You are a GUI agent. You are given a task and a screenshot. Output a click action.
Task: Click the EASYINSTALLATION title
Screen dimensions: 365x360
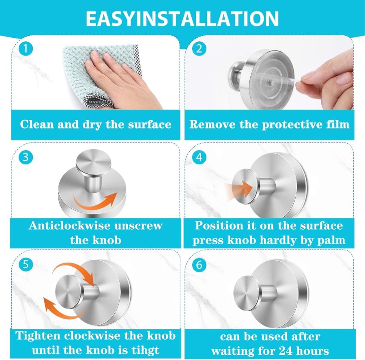tap(182, 19)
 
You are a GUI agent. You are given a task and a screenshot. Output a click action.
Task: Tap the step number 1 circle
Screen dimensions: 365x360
tap(26, 49)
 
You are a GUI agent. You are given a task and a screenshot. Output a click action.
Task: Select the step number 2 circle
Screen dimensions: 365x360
tap(199, 49)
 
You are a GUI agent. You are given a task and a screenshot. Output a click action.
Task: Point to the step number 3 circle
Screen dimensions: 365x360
tap(26, 157)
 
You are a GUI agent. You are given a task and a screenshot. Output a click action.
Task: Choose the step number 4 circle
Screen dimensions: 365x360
tap(199, 157)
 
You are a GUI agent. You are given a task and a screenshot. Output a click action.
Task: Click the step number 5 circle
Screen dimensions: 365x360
tap(26, 265)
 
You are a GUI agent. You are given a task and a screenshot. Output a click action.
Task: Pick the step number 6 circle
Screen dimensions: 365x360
tap(199, 265)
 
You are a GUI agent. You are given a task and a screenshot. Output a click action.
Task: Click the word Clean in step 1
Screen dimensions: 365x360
tap(37, 124)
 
